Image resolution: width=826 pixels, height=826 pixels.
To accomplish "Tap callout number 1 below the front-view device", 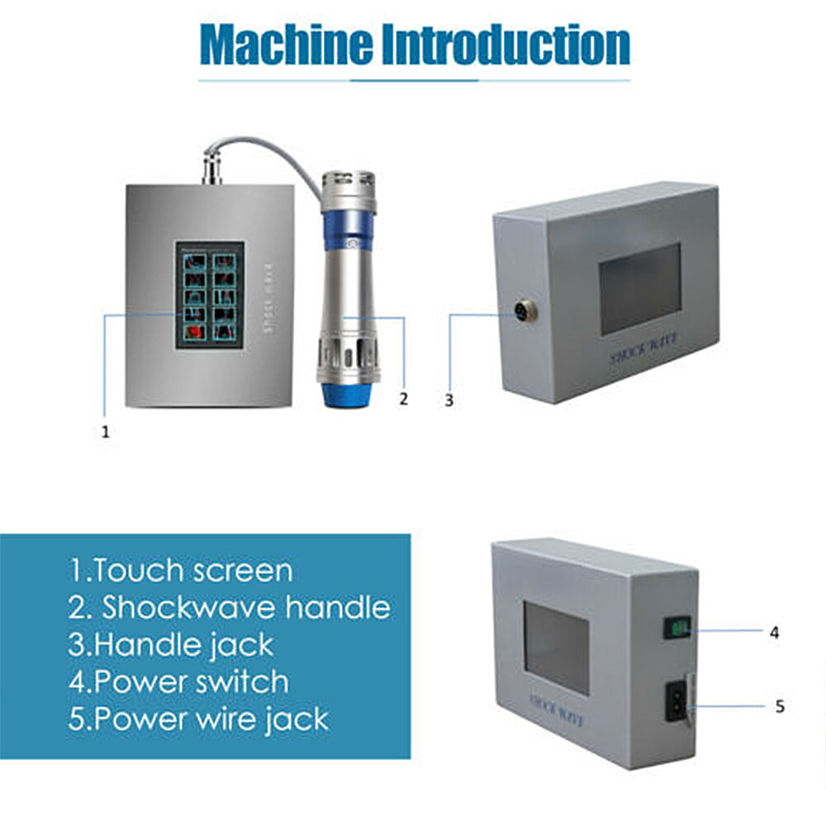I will coord(105,430).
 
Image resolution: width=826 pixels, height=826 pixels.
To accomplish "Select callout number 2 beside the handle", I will coord(403,399).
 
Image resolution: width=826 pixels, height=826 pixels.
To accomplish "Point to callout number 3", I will coord(449,400).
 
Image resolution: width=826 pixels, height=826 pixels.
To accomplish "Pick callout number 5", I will coord(780,707).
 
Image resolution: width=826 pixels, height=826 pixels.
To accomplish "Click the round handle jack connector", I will coord(523,311).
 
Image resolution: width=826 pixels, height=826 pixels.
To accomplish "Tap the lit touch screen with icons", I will coord(209,294).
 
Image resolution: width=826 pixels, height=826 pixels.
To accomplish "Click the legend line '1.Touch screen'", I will coord(180,571).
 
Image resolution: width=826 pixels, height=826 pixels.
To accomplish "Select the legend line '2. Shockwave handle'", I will coord(229,608).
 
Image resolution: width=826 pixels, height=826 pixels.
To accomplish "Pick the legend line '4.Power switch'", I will coord(178,681).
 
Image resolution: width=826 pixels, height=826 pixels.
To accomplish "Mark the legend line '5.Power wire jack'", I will coord(198,719).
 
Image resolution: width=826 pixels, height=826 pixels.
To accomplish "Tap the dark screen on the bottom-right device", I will coord(556,647).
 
